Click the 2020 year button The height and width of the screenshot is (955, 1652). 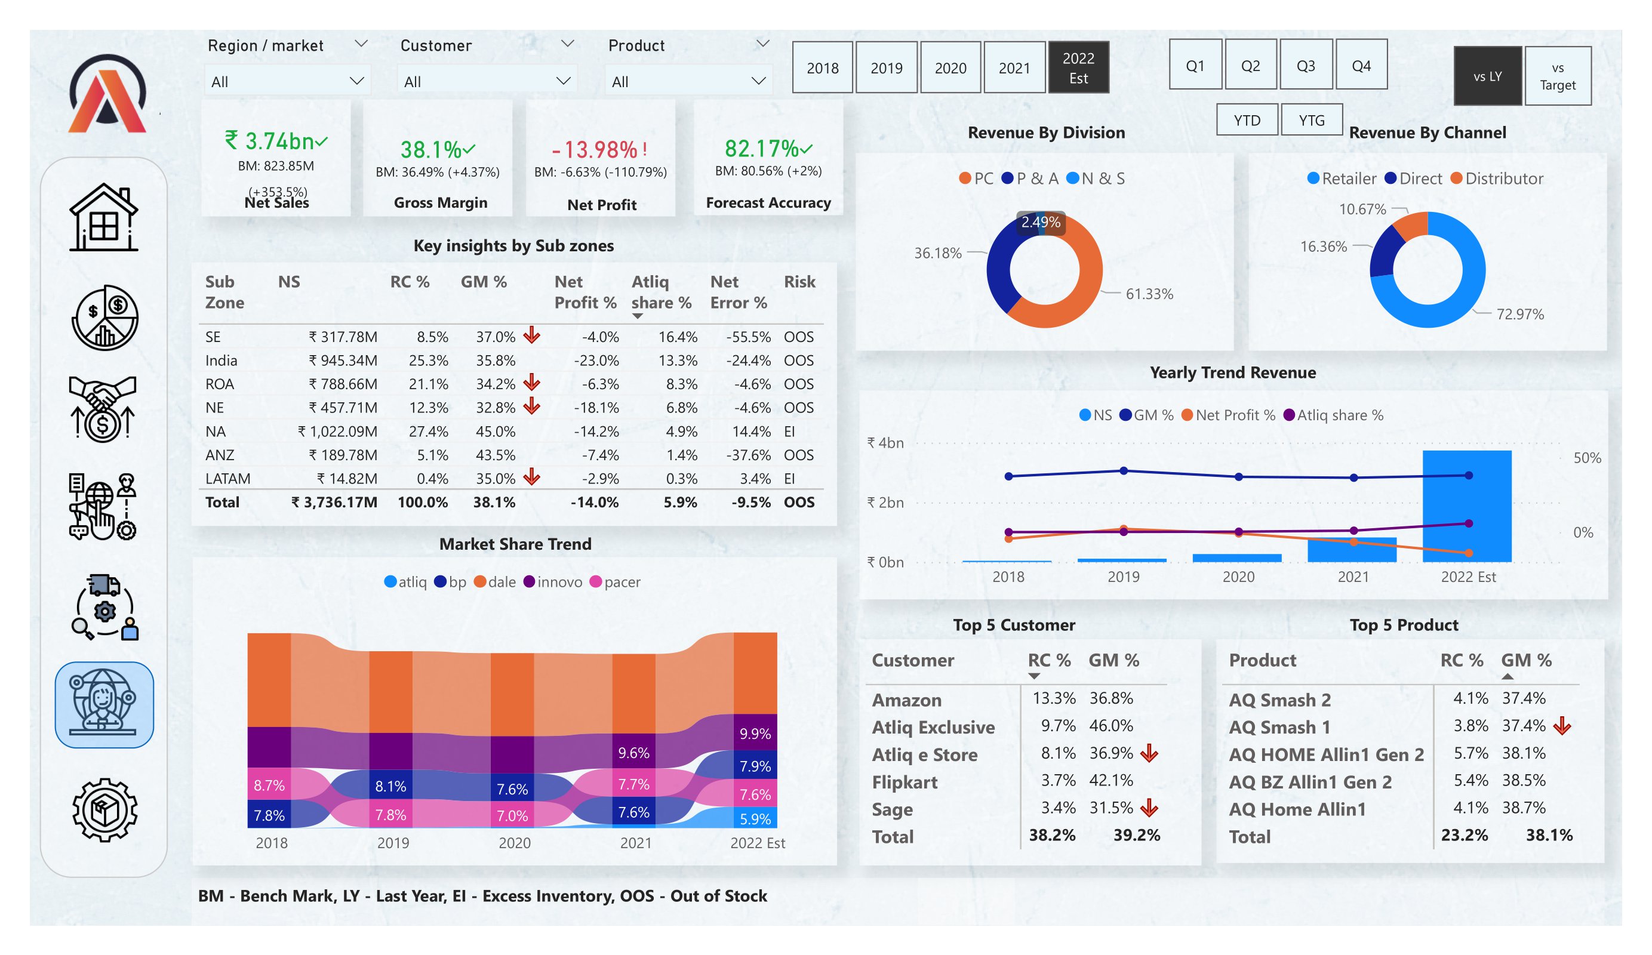(950, 67)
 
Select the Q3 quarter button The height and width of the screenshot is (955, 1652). (1305, 66)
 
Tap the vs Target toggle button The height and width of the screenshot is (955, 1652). (1557, 76)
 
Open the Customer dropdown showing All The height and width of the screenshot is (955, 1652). (487, 81)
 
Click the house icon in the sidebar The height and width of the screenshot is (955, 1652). (103, 218)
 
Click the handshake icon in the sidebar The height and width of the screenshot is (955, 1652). (102, 408)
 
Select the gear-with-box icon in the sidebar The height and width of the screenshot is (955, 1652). (104, 810)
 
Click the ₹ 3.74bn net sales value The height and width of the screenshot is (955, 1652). (270, 141)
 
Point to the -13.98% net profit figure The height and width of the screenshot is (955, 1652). (594, 149)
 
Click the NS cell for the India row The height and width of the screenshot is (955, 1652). (343, 361)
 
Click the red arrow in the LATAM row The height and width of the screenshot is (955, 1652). (531, 477)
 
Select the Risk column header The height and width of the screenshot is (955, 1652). (799, 282)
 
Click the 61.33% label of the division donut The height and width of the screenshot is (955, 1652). (1149, 294)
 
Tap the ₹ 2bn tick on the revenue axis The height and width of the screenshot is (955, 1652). (885, 502)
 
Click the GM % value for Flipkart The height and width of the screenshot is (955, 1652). (1110, 780)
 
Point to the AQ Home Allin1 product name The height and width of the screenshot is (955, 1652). (1297, 809)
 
